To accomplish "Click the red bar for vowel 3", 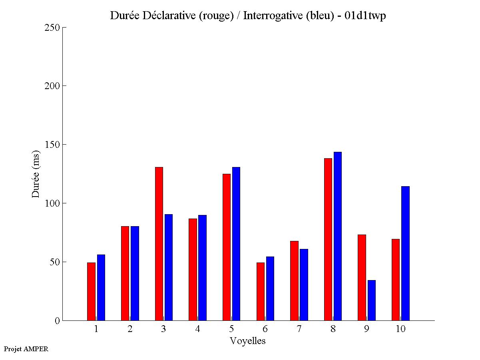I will pyautogui.click(x=159, y=244).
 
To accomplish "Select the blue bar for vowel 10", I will pyautogui.click(x=405, y=253).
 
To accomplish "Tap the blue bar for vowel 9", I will pyautogui.click(x=372, y=300).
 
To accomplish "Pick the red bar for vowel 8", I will pyautogui.click(x=328, y=239).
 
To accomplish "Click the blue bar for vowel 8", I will pyautogui.click(x=338, y=236).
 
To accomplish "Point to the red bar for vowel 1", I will pyautogui.click(x=91, y=291).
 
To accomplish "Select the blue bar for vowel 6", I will pyautogui.click(x=270, y=288).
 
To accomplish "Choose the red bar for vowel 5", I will pyautogui.click(x=226, y=247).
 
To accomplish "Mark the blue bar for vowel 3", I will pyautogui.click(x=169, y=267).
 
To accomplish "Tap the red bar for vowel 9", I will pyautogui.click(x=362, y=277).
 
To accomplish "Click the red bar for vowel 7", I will pyautogui.click(x=294, y=280).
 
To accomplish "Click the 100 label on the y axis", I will pyautogui.click(x=52, y=203).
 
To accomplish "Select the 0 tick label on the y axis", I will pyautogui.click(x=57, y=320).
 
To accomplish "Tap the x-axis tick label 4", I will pyautogui.click(x=197, y=329).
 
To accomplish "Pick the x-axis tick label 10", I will pyautogui.click(x=400, y=329).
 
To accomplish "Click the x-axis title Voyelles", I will pyautogui.click(x=248, y=341).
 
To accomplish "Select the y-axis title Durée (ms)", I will pyautogui.click(x=36, y=173).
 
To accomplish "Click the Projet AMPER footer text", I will pyautogui.click(x=26, y=349).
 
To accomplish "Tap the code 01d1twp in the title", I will pyautogui.click(x=365, y=16).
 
